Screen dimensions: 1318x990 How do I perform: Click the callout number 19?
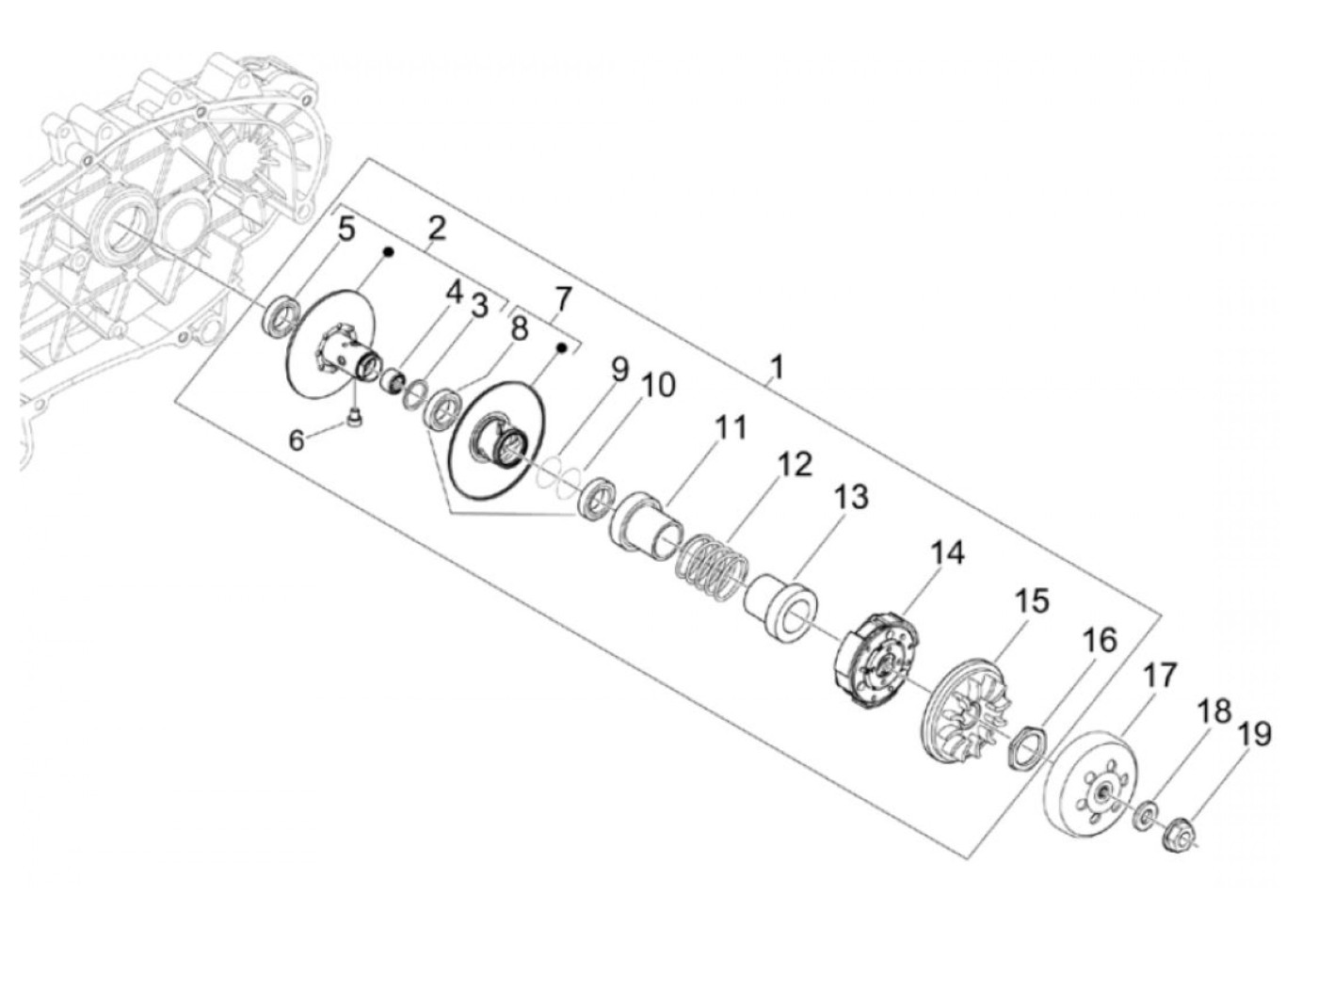pyautogui.click(x=1253, y=734)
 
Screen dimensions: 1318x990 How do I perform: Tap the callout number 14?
pyautogui.click(x=947, y=552)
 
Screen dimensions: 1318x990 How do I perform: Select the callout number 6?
pyautogui.click(x=297, y=441)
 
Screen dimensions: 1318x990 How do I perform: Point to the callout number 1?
pyautogui.click(x=777, y=367)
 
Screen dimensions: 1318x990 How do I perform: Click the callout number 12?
pyautogui.click(x=794, y=465)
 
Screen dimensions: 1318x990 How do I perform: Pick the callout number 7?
pyautogui.click(x=561, y=299)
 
